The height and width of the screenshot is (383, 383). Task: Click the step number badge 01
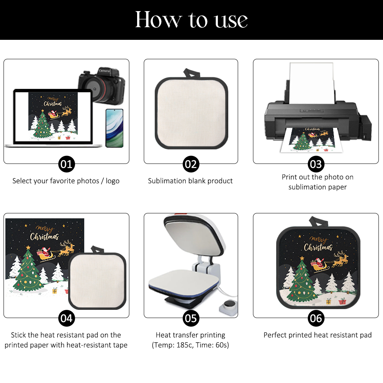[x=66, y=164]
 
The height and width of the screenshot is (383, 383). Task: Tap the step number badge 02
[x=191, y=164]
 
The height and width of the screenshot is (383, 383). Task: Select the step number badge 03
[x=316, y=164]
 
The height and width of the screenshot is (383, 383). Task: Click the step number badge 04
[x=66, y=318]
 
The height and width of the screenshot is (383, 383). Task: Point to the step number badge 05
[x=191, y=318]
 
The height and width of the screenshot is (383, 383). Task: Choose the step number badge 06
[x=316, y=318]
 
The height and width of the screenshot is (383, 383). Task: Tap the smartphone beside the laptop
[x=114, y=128]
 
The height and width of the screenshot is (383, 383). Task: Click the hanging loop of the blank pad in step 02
[x=192, y=73]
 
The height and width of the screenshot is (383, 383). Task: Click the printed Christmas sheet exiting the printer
[x=312, y=140]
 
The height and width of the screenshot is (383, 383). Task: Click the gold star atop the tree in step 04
[x=28, y=247]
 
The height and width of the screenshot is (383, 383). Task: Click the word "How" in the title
[x=159, y=20]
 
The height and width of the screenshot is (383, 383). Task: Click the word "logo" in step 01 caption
[x=113, y=181]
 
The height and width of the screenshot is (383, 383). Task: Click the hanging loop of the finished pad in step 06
[x=318, y=221]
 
